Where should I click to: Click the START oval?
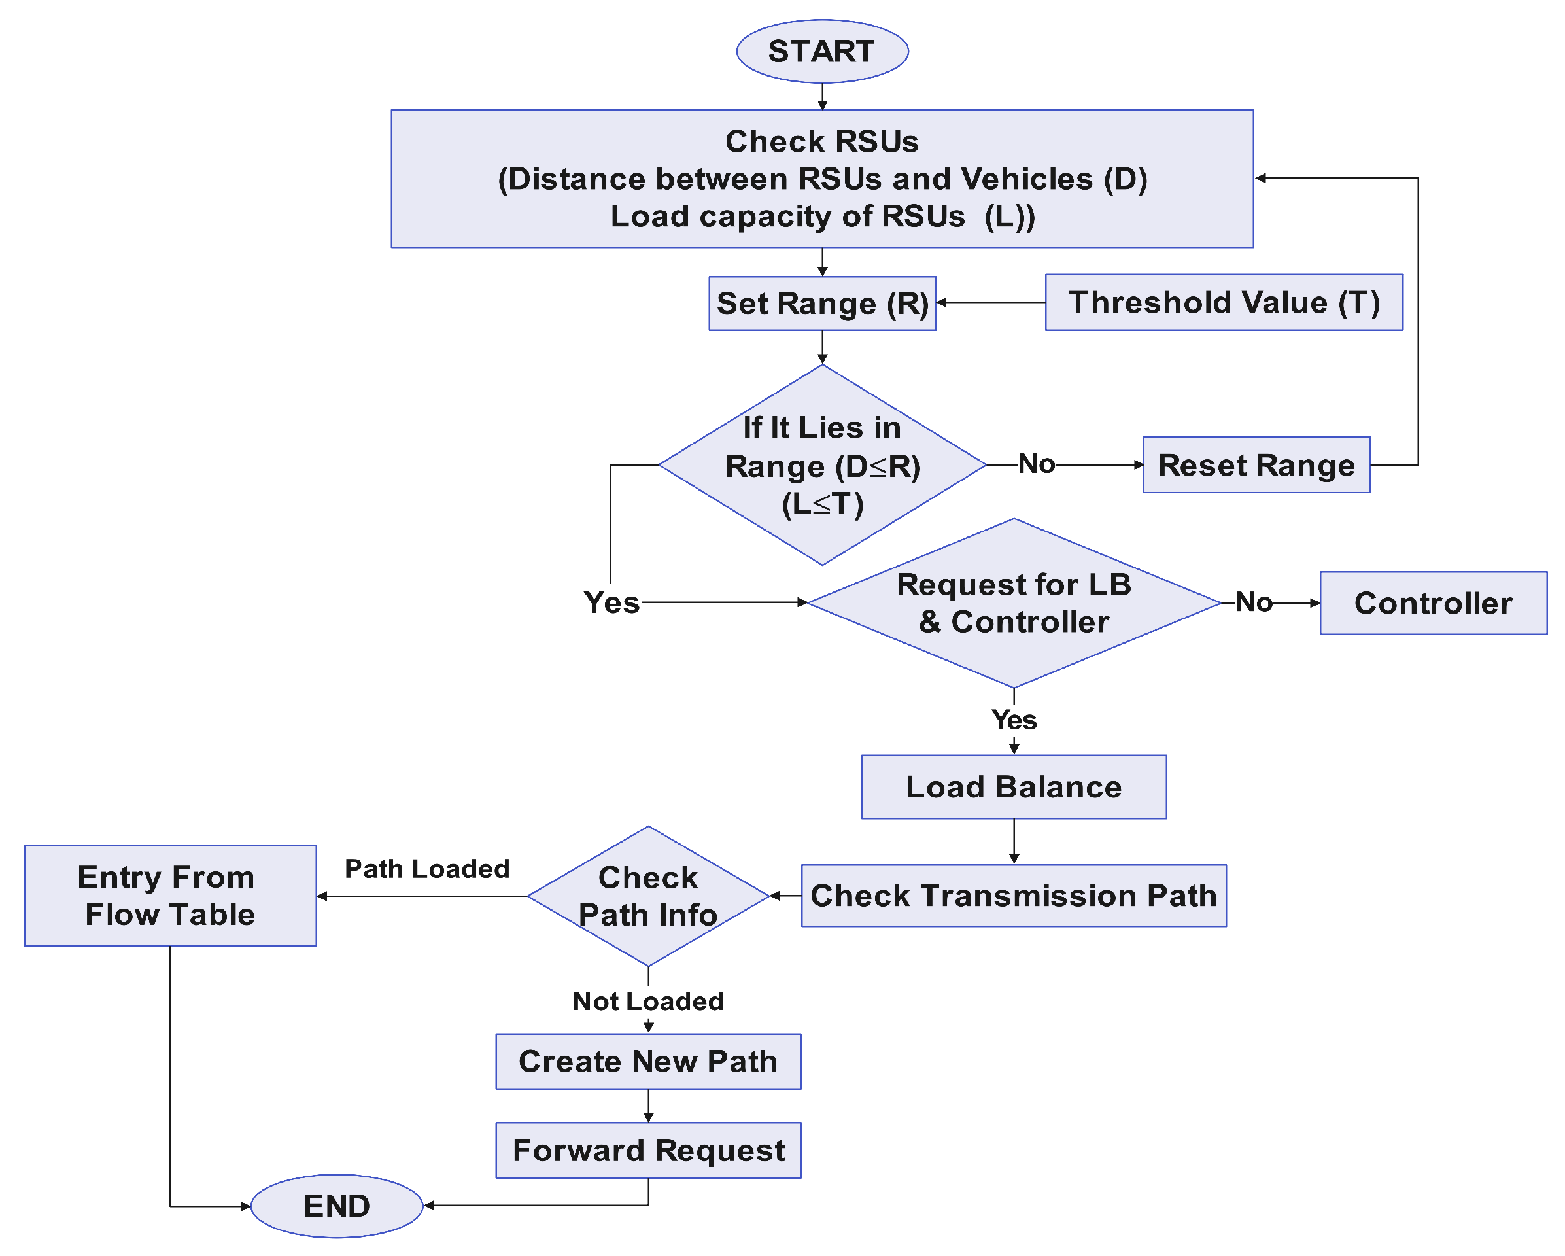(x=821, y=52)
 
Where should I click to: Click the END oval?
(x=336, y=1206)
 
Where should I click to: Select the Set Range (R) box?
(x=821, y=304)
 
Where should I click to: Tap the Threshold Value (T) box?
(x=1223, y=303)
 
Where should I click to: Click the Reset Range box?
(x=1256, y=464)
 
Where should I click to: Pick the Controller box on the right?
(x=1432, y=603)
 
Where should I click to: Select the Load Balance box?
(x=1013, y=787)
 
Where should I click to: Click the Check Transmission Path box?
(x=1013, y=895)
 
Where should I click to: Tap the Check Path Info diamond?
(x=647, y=896)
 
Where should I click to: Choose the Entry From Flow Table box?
(x=170, y=895)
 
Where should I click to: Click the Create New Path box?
(x=647, y=1062)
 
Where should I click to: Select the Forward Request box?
(x=647, y=1150)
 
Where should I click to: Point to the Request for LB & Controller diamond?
(x=1013, y=603)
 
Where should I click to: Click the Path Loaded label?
(x=427, y=869)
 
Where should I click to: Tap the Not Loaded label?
(x=647, y=1001)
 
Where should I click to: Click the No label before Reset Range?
(x=1036, y=464)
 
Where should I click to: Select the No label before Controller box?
(x=1254, y=602)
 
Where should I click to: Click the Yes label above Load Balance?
(x=1013, y=720)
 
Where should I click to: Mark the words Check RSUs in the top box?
(x=821, y=141)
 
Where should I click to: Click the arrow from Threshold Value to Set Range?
(x=990, y=302)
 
